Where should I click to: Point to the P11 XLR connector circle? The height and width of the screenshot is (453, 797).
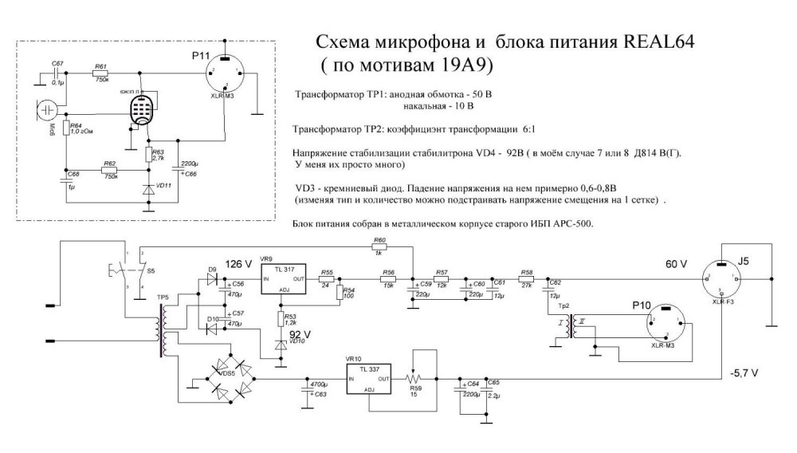pyautogui.click(x=225, y=76)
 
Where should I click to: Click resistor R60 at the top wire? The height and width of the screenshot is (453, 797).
pyautogui.click(x=379, y=246)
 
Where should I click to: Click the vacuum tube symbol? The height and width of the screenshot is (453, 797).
pyautogui.click(x=142, y=112)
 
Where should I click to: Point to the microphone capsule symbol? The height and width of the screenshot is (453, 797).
pyautogui.click(x=47, y=109)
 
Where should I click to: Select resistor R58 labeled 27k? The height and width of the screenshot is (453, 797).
pyautogui.click(x=526, y=281)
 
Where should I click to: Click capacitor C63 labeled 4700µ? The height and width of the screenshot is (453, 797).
pyautogui.click(x=307, y=388)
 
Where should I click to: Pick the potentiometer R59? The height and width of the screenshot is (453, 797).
pyautogui.click(x=412, y=376)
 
